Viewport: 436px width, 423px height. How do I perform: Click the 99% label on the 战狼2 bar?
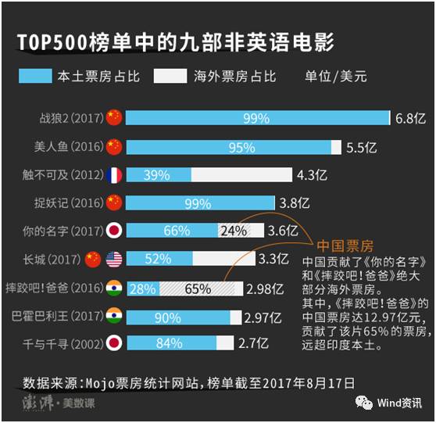(x=256, y=118)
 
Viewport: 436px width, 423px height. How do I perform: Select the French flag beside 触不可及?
(x=114, y=174)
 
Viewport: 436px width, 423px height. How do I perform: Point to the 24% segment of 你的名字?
(x=233, y=231)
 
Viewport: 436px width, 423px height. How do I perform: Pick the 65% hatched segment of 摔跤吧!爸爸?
(x=197, y=289)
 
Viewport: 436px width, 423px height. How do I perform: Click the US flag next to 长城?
(x=114, y=259)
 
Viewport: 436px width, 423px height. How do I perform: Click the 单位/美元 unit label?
(x=336, y=76)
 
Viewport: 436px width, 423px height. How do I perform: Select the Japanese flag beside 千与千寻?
(x=114, y=343)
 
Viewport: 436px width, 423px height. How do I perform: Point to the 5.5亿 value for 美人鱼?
(x=363, y=146)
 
